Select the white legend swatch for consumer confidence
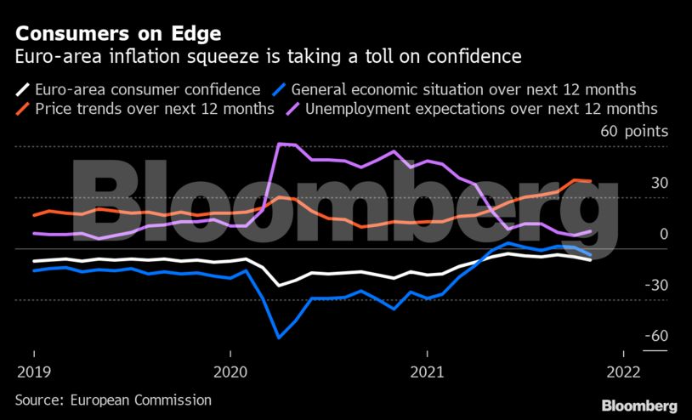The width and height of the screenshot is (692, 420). tap(24, 88)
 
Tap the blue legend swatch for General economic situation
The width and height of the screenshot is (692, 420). tap(278, 88)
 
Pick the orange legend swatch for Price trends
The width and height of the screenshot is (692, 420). tap(24, 109)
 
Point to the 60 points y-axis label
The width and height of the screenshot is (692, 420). tap(634, 132)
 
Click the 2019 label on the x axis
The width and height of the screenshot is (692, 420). tap(33, 373)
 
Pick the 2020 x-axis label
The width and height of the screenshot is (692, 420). tap(230, 373)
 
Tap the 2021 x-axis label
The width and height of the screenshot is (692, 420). tap(427, 373)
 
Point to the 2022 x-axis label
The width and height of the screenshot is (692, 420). tap(623, 373)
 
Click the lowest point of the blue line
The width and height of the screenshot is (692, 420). tap(279, 338)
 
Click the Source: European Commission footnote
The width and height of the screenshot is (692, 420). tap(113, 400)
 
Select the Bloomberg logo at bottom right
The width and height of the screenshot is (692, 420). tap(639, 406)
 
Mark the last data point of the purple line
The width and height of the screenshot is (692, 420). tap(591, 231)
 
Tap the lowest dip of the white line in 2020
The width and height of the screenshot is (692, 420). tap(279, 286)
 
